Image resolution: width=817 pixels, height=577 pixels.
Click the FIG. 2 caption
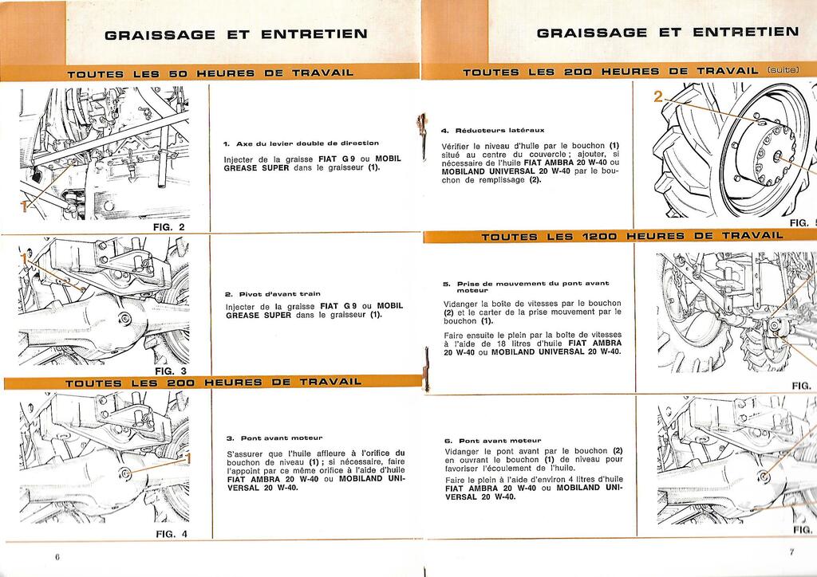click(169, 227)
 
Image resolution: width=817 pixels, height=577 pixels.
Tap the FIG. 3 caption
click(171, 371)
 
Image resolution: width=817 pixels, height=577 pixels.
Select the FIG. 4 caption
click(172, 534)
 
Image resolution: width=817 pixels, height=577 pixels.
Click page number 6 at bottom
click(57, 556)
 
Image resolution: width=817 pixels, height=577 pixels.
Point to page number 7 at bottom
click(791, 552)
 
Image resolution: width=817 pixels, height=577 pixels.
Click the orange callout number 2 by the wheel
click(658, 96)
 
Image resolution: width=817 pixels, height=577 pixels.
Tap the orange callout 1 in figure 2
click(23, 206)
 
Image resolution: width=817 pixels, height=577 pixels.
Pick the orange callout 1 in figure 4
click(188, 458)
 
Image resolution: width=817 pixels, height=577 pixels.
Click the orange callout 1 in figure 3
click(23, 259)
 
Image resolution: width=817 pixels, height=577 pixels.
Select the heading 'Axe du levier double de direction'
click(307, 143)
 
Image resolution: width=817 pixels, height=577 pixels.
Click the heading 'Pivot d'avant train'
click(280, 294)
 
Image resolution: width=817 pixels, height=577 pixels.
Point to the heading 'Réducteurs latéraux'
click(499, 130)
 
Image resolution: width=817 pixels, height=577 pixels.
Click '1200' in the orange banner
click(598, 237)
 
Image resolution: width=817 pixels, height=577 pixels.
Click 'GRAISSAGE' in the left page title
click(160, 35)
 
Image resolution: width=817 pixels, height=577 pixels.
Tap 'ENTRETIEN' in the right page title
click(746, 32)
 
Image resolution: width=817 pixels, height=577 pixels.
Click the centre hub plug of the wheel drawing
click(777, 157)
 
